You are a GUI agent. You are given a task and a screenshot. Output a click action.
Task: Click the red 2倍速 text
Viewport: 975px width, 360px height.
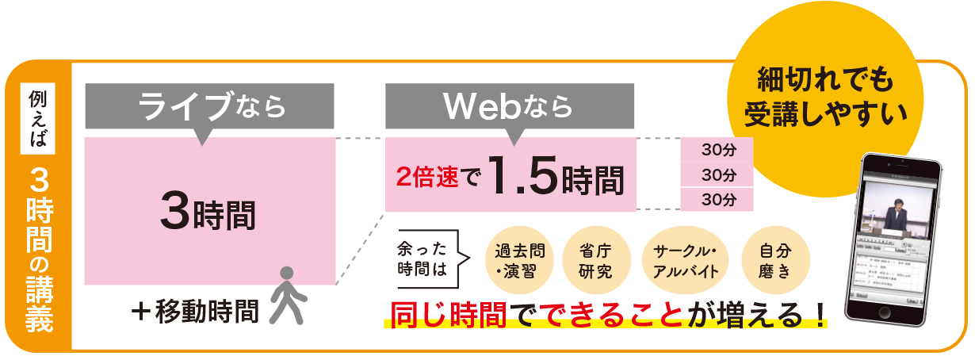tap(428, 178)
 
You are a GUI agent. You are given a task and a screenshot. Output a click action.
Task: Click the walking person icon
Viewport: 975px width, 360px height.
tap(286, 295)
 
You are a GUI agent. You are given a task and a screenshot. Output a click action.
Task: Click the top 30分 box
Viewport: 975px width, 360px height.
tap(717, 149)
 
